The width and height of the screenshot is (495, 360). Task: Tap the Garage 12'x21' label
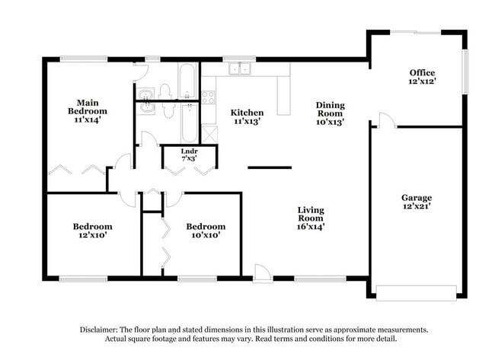coord(417,202)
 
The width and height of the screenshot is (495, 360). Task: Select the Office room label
coord(422,77)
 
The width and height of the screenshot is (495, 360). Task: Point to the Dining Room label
coord(331,113)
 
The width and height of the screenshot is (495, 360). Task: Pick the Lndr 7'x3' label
coord(189,155)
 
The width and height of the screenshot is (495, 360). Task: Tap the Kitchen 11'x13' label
coord(247,117)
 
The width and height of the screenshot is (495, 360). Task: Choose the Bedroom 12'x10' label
coord(93,231)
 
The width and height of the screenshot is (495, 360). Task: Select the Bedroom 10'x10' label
coord(206,231)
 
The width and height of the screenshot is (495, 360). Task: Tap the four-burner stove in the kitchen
coord(208,97)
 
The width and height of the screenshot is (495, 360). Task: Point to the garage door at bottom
coord(417,293)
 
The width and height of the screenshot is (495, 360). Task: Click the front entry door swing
coord(261,271)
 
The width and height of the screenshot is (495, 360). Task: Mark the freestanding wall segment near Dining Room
coord(270,167)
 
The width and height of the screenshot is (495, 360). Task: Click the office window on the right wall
coord(465,72)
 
